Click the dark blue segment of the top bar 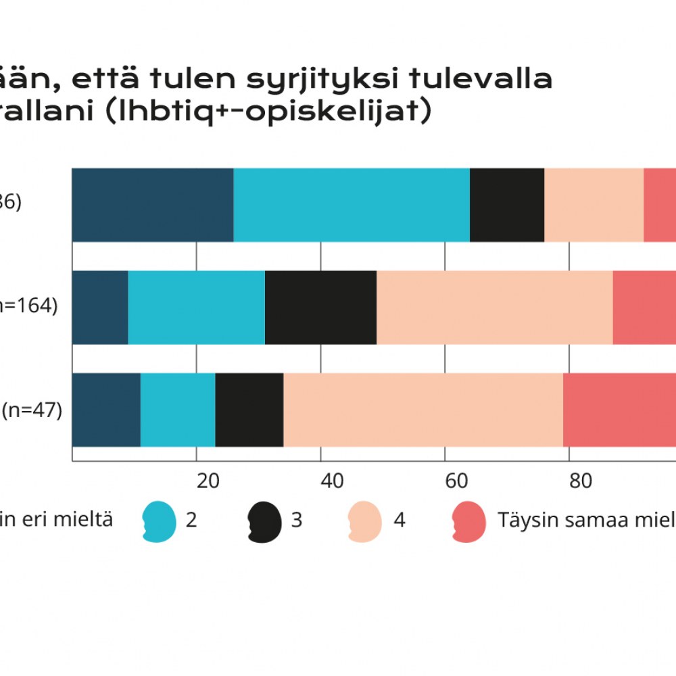[152, 205]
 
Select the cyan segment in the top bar [351, 205]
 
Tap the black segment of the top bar [506, 205]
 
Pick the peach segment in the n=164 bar [494, 307]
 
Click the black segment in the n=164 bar [320, 307]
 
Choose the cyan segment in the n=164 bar [196, 307]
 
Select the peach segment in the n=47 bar [422, 410]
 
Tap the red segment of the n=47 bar [619, 410]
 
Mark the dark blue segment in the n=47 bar [106, 410]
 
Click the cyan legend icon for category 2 [159, 521]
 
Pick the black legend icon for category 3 [264, 521]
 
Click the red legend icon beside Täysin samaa [468, 521]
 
